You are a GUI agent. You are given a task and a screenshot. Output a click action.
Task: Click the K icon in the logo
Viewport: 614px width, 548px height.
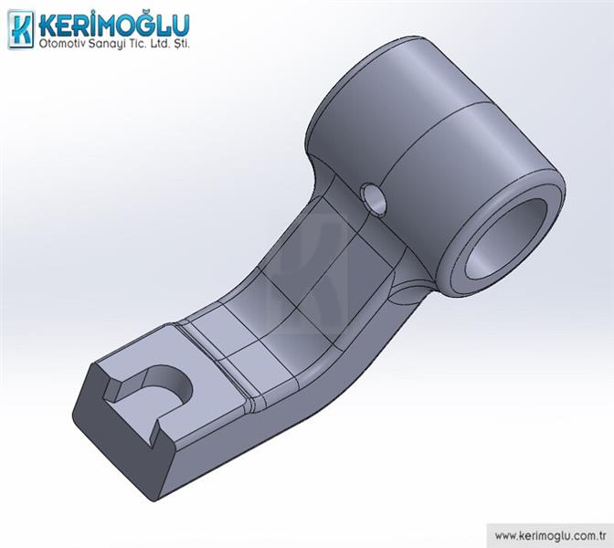point(21,29)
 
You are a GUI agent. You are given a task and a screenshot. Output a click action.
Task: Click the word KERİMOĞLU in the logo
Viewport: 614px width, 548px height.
point(114,25)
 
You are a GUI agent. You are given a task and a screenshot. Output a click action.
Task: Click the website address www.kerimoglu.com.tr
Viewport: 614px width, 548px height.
point(551,535)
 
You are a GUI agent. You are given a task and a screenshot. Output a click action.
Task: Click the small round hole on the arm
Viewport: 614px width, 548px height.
point(373,200)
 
